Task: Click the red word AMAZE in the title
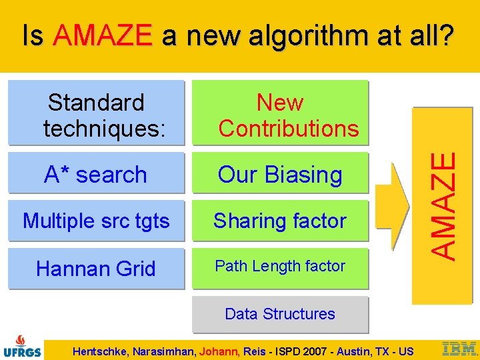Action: [103, 35]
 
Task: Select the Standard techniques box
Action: [96, 113]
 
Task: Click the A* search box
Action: [96, 175]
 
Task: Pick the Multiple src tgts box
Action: [96, 221]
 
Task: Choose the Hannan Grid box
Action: [96, 269]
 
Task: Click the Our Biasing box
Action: [280, 175]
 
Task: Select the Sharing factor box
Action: [280, 221]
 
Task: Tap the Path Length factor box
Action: [280, 266]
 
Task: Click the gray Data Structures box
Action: [280, 314]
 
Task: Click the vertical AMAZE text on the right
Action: [443, 206]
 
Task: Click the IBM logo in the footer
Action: [460, 348]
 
